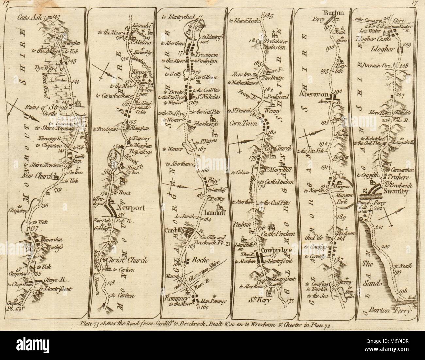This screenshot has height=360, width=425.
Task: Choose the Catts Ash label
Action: coord(34,19)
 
